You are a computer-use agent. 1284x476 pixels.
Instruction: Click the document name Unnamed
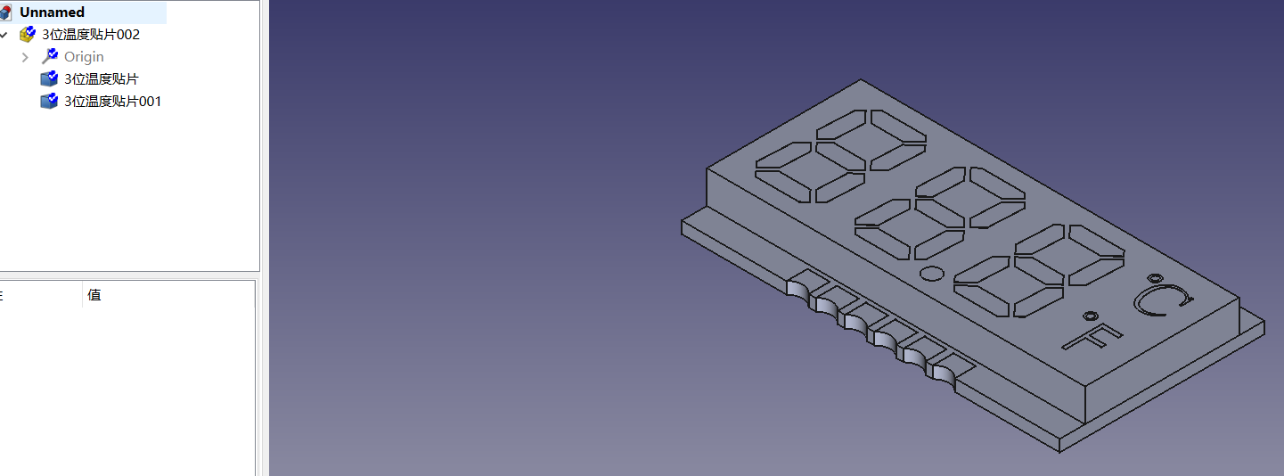52,12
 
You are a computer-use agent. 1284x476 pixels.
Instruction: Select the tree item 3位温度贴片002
91,35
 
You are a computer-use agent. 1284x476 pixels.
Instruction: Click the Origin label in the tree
84,57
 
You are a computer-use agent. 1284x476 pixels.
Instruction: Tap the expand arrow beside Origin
25,57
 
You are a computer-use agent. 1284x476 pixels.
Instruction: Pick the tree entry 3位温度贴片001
112,102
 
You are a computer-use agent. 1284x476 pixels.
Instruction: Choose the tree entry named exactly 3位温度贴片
101,79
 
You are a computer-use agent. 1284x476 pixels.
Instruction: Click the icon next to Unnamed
5,12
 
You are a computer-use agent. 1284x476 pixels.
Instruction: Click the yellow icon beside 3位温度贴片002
28,35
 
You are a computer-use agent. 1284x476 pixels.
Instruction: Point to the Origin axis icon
50,56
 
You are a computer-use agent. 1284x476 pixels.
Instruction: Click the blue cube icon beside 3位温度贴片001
49,101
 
